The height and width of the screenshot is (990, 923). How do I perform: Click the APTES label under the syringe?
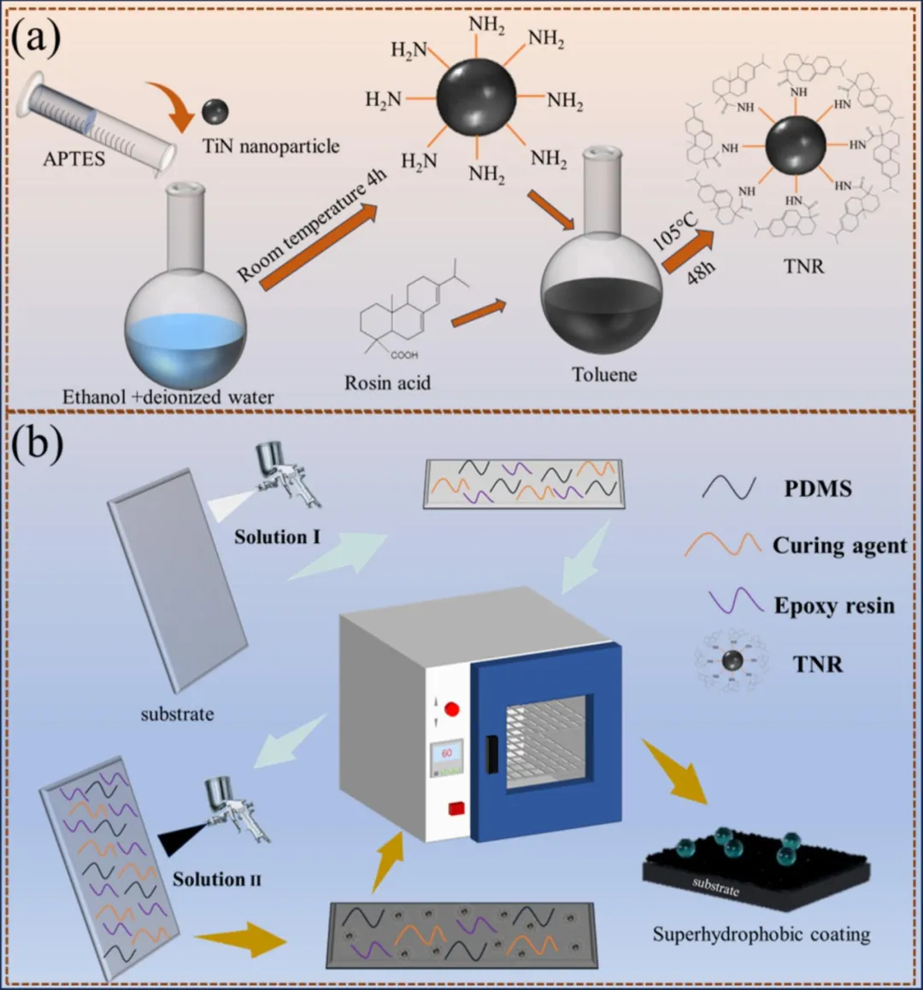pos(74,158)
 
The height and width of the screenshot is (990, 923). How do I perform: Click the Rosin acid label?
pos(387,382)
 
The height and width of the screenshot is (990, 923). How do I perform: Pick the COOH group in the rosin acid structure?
pos(404,355)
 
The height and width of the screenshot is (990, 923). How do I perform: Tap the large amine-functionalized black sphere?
pos(476,97)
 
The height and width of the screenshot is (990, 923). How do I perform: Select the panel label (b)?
pos(36,446)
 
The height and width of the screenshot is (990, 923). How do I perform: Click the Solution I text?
pos(277,536)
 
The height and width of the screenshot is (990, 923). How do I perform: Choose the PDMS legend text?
pos(818,489)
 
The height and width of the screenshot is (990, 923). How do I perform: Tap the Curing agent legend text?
pos(839,545)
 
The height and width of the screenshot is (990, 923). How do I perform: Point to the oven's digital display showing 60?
pos(447,756)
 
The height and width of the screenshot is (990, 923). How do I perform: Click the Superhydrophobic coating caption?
pos(761,934)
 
